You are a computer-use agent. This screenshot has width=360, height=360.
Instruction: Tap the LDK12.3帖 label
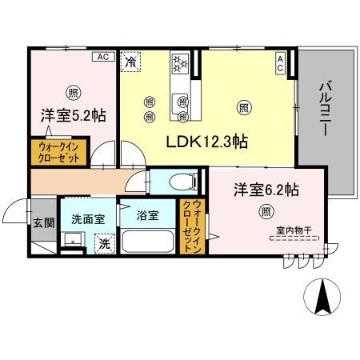(x=206, y=142)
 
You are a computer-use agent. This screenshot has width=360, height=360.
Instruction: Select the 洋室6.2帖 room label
(x=266, y=190)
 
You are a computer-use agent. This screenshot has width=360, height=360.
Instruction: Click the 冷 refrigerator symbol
(x=130, y=59)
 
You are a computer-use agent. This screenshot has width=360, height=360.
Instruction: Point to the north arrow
(x=325, y=297)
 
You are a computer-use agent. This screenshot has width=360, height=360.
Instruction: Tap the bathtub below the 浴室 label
(x=149, y=242)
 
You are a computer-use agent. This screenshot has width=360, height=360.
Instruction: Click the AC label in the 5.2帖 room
(x=102, y=56)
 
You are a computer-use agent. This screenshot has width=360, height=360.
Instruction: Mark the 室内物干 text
(x=292, y=230)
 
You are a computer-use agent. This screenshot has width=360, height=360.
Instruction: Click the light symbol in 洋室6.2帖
(x=264, y=211)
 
